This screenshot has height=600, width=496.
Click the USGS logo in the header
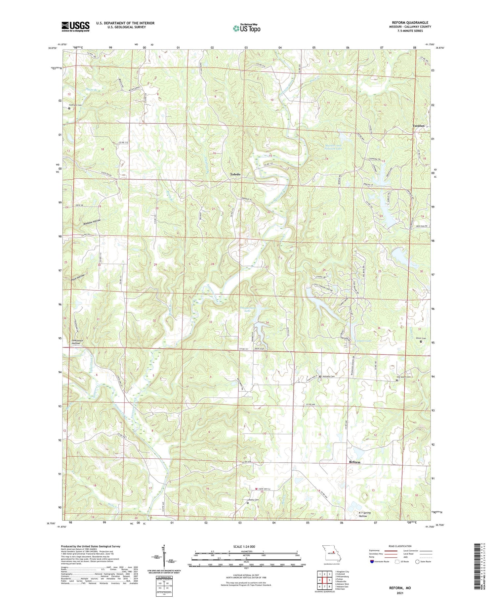[75, 26]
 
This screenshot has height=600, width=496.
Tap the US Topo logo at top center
[246, 28]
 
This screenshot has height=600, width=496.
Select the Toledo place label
[235, 174]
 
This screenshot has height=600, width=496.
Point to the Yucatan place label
[418, 126]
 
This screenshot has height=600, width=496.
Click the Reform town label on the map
[355, 462]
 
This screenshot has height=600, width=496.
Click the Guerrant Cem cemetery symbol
[69, 108]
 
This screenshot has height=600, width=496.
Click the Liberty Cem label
[253, 500]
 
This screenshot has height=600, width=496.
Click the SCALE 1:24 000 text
[243, 546]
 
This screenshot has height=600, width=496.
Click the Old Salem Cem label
[404, 377]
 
